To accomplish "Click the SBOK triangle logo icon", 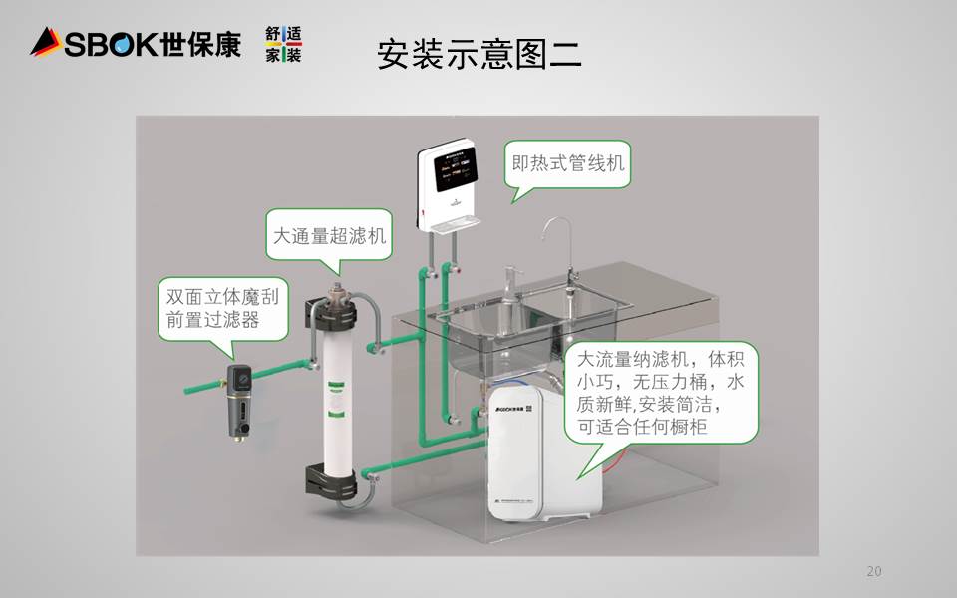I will point(46,42).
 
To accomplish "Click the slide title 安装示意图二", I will point(478,54).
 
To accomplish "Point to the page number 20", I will point(874,571).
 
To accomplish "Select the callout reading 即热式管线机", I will point(568,162).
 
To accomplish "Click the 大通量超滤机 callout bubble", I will point(329,236).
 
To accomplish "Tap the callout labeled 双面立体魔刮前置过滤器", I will point(221,308).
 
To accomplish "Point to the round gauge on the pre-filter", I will point(239,377).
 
